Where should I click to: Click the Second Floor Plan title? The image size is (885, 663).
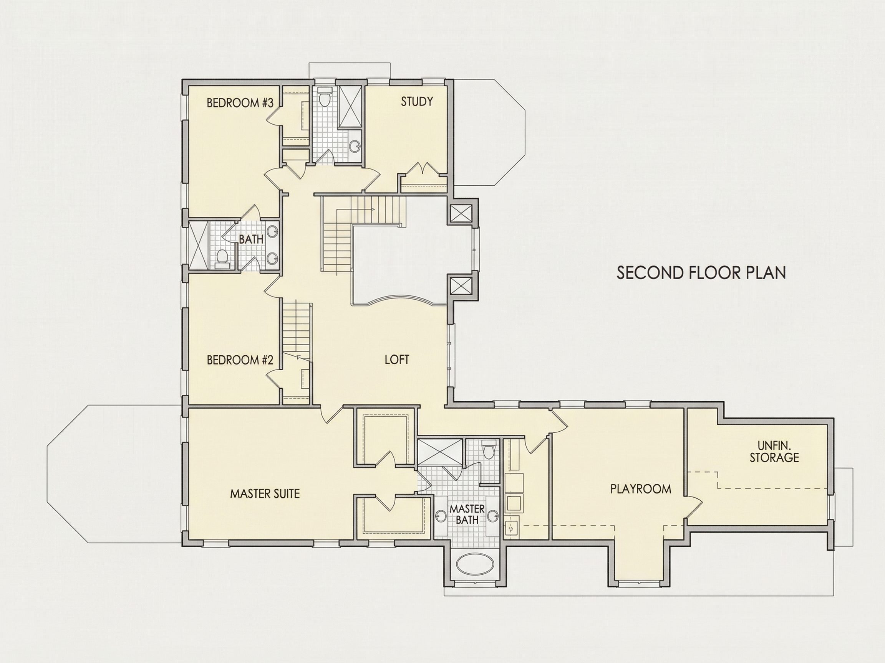tap(701, 272)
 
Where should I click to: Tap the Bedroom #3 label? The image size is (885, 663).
tap(240, 103)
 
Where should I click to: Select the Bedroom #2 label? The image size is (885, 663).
tap(240, 360)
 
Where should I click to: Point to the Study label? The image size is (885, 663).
tap(417, 102)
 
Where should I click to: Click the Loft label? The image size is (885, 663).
tap(397, 360)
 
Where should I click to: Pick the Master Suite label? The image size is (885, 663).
tap(265, 493)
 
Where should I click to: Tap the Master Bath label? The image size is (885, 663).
tap(467, 515)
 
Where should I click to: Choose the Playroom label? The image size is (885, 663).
tap(641, 489)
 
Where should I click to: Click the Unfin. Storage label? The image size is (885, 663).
tap(774, 451)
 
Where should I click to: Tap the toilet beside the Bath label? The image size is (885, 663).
tap(222, 258)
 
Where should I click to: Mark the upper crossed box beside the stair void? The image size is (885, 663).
tap(461, 213)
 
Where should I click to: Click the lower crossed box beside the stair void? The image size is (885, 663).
tap(461, 286)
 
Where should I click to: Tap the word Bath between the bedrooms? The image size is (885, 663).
tap(251, 239)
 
